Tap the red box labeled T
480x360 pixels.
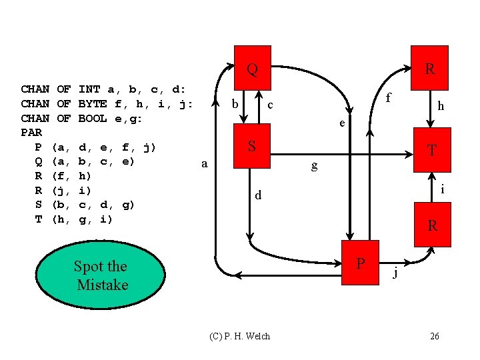point(431,148)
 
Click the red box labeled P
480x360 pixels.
point(361,262)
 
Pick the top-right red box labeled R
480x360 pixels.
point(431,68)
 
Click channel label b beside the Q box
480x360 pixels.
point(235,105)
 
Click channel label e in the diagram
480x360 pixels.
point(341,123)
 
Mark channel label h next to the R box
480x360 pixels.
point(441,105)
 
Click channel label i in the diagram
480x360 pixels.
point(442,189)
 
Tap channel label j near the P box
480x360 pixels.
point(395,271)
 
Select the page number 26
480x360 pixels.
point(434,336)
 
